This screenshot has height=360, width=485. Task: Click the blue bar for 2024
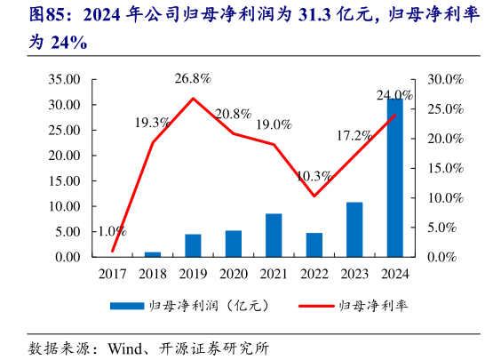coord(394,177)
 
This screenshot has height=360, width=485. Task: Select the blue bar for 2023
coord(354,229)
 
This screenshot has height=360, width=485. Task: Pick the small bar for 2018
coord(153,254)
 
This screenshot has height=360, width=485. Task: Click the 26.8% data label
coord(193,78)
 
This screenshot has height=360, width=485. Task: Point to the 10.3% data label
coord(315,176)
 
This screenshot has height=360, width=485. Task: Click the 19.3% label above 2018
coord(153,122)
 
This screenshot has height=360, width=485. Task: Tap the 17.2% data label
coord(354,136)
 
